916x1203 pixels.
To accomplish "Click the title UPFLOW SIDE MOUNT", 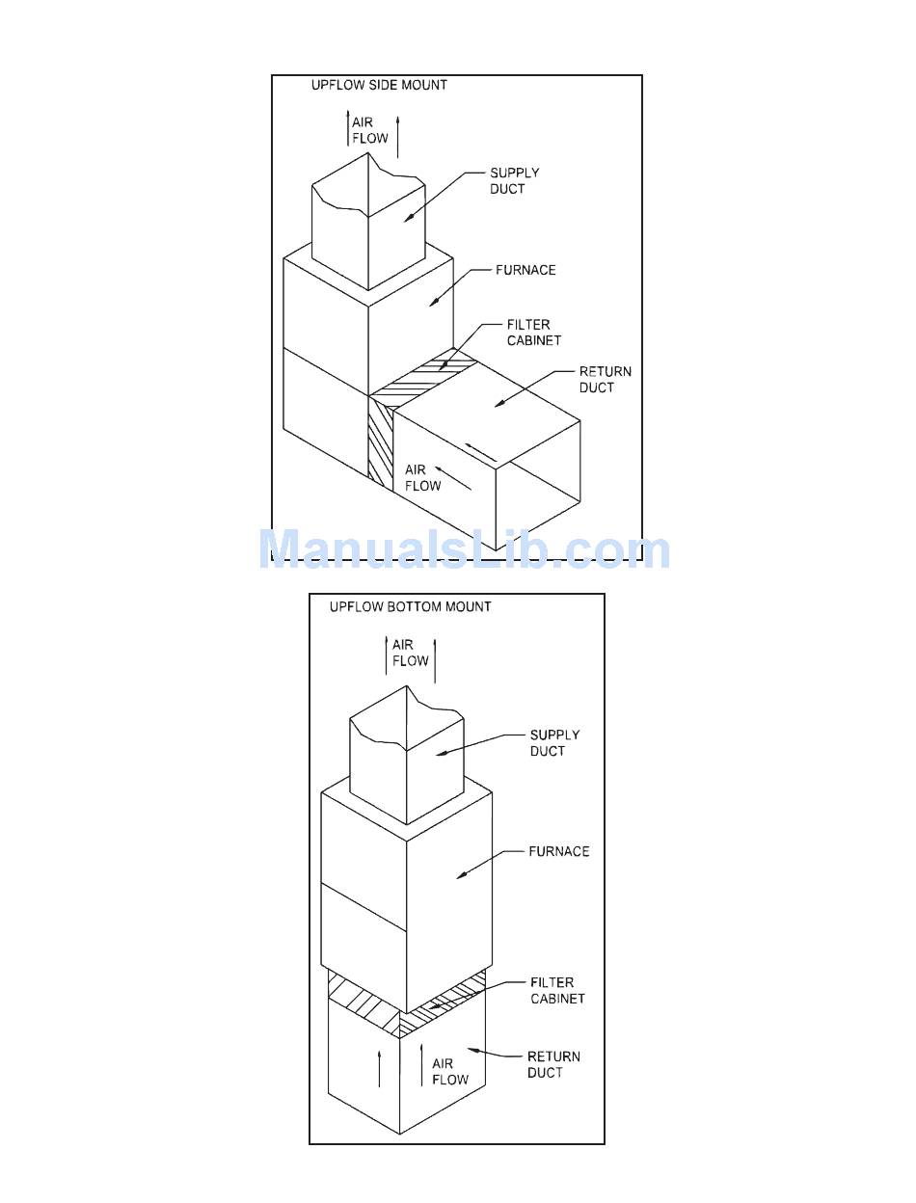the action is point(379,85).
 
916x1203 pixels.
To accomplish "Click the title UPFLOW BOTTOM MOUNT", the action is point(410,606).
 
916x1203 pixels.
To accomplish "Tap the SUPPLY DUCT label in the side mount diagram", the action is point(514,181).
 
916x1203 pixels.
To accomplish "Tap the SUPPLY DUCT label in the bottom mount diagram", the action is point(554,742).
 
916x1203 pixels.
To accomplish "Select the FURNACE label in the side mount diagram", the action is point(525,270).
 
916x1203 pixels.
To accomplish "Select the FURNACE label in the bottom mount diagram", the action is point(558,851).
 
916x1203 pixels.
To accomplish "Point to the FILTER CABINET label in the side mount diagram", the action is point(533,333).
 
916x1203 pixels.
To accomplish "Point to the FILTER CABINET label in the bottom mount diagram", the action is point(557,991).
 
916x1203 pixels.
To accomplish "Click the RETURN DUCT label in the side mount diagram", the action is point(605,379).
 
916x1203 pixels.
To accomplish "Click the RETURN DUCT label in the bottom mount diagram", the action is point(552,1064).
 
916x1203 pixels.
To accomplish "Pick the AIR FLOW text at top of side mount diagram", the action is point(369,130).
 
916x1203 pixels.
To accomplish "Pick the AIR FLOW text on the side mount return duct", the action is point(422,478).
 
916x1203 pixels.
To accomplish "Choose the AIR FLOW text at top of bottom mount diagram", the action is point(410,653).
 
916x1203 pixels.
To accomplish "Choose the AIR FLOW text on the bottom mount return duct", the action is point(449,1072).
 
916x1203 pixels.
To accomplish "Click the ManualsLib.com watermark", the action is point(464,550).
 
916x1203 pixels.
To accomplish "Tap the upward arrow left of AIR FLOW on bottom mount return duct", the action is point(379,1068).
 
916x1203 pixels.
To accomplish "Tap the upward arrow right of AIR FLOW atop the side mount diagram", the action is point(397,135).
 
